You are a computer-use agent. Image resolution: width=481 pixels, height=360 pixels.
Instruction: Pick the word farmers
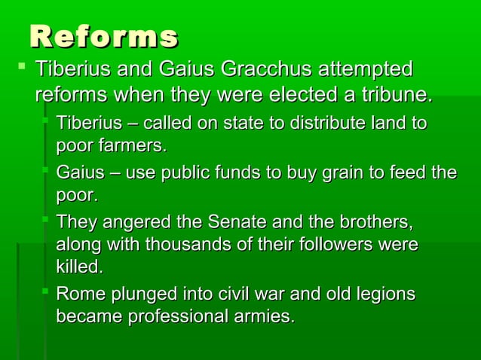click(133, 144)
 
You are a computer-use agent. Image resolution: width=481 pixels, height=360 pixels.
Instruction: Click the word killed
click(79, 267)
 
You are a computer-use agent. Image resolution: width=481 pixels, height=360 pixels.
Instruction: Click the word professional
click(178, 316)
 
